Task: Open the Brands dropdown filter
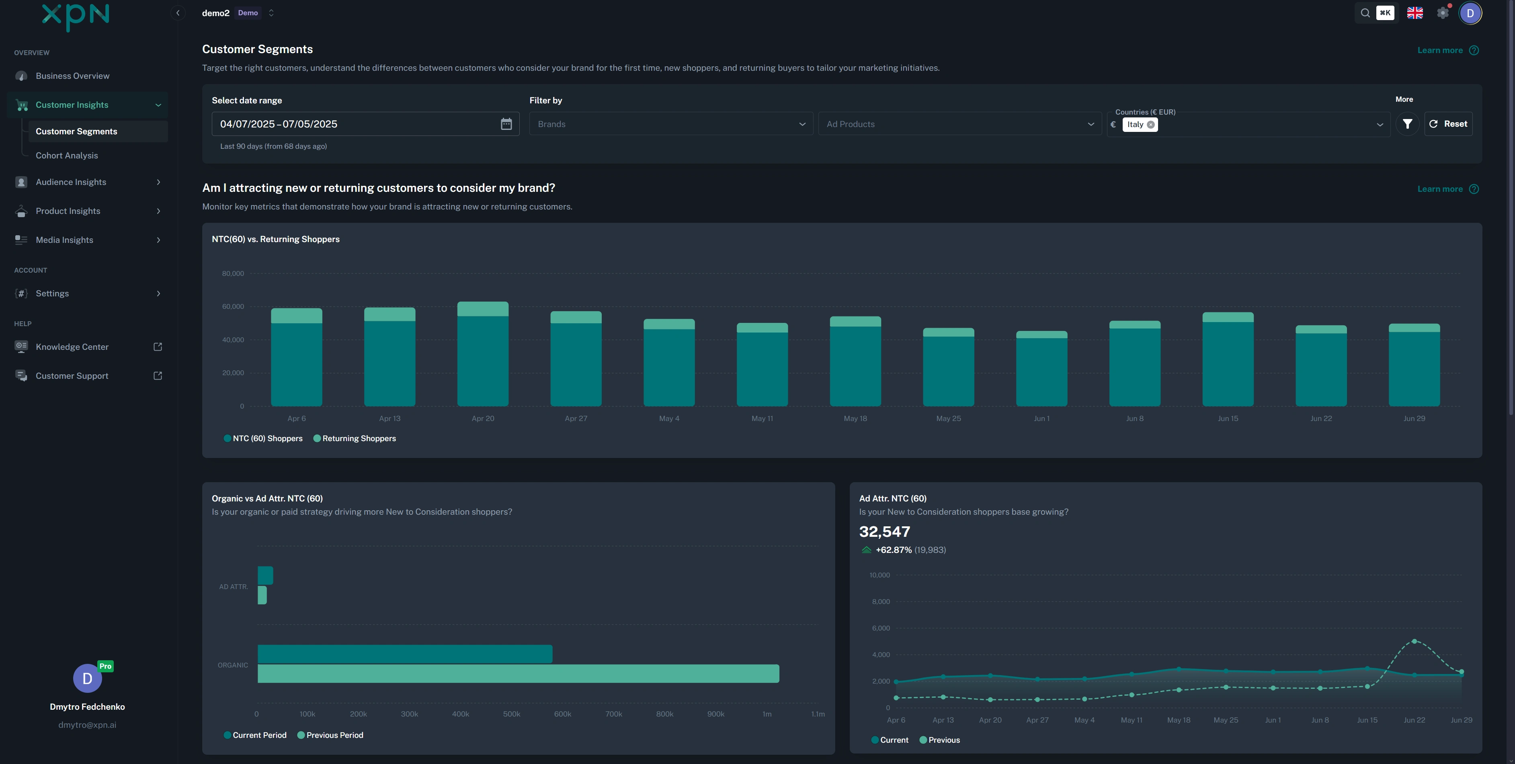(x=670, y=124)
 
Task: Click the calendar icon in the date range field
(x=506, y=124)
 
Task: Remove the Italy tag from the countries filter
(x=1150, y=125)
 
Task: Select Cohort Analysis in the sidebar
(x=66, y=155)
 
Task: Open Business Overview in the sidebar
(x=72, y=76)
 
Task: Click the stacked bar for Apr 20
(x=483, y=354)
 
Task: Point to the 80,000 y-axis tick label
(x=233, y=273)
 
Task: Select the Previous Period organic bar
(x=518, y=674)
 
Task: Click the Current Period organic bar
(x=405, y=654)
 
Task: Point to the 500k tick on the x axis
(x=511, y=714)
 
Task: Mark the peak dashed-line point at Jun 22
(x=1414, y=641)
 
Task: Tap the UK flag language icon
(x=1415, y=13)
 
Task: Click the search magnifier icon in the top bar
(x=1365, y=13)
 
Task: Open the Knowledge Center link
(x=72, y=347)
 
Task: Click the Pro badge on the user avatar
(x=105, y=666)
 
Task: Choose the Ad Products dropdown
(x=959, y=124)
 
